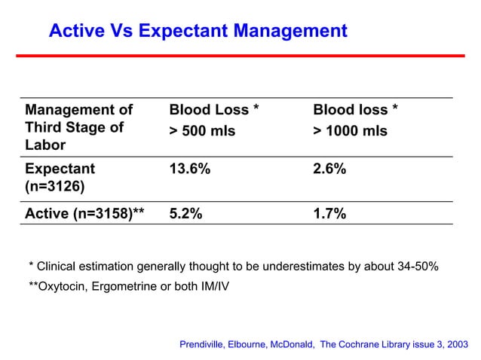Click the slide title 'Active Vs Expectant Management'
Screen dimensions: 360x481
point(198,32)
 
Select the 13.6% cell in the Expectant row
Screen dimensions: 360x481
point(189,169)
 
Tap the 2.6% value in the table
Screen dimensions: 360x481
point(329,169)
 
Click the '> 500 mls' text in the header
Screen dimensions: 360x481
point(202,131)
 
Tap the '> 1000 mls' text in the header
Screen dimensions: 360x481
point(350,131)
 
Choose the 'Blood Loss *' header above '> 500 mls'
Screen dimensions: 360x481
point(214,111)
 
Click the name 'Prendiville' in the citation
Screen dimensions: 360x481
point(207,344)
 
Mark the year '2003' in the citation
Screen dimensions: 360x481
point(455,344)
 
